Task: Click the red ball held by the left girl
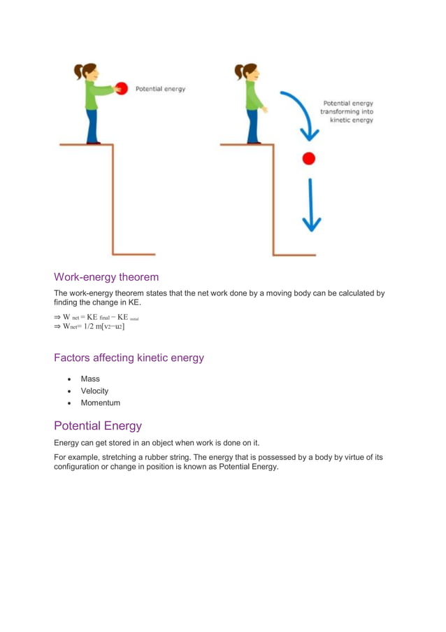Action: point(121,88)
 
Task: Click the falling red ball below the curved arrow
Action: point(308,158)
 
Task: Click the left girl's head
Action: point(91,71)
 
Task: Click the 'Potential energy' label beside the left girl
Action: point(160,89)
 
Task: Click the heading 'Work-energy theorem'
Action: point(106,277)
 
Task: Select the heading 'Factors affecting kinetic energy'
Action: point(129,358)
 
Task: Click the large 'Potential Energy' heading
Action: point(98,426)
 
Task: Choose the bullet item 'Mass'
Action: point(90,379)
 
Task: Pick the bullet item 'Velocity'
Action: point(94,391)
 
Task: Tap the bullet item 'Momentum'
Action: point(100,402)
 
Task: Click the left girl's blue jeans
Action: point(92,126)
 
